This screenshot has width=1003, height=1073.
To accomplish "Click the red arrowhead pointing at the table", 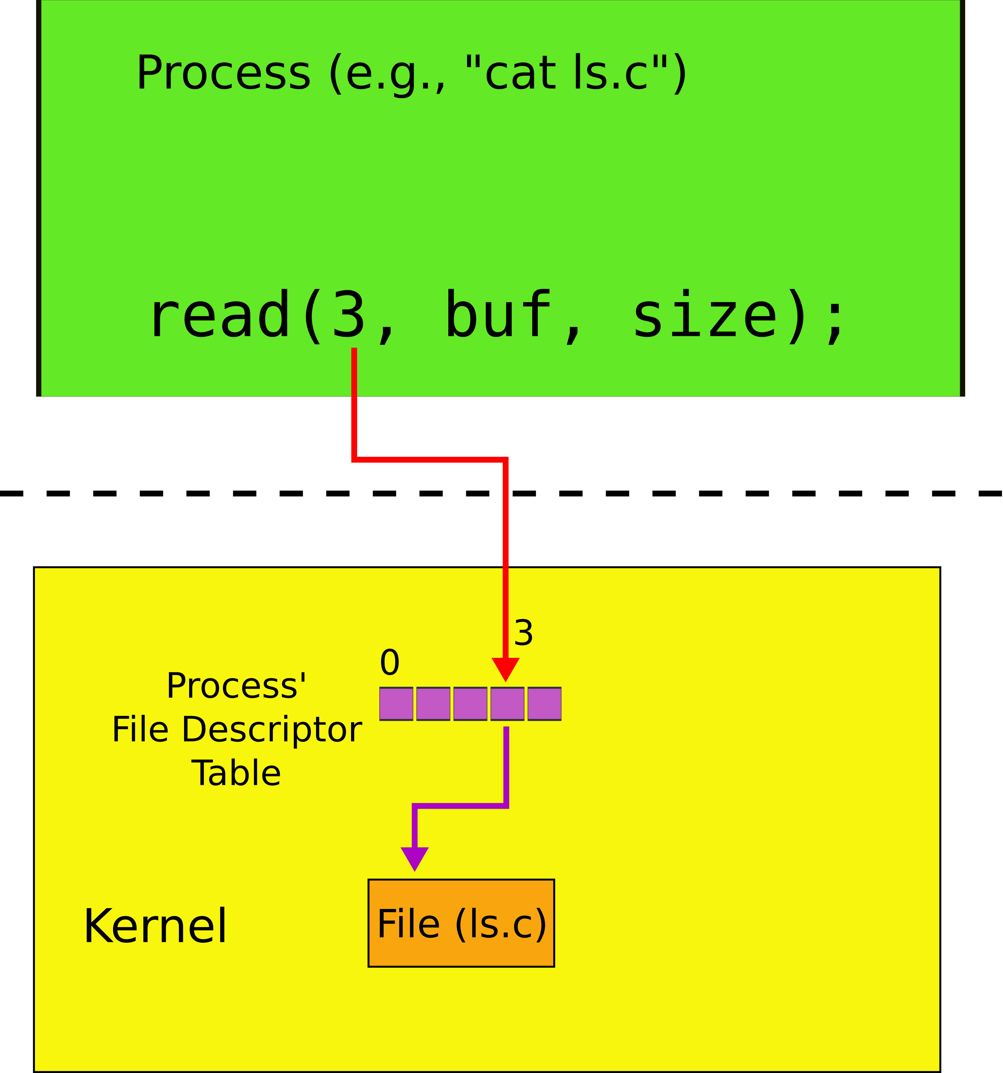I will click(505, 669).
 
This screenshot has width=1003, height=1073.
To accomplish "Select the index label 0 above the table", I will click(390, 663).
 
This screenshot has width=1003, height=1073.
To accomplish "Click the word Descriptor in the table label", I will click(272, 731).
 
